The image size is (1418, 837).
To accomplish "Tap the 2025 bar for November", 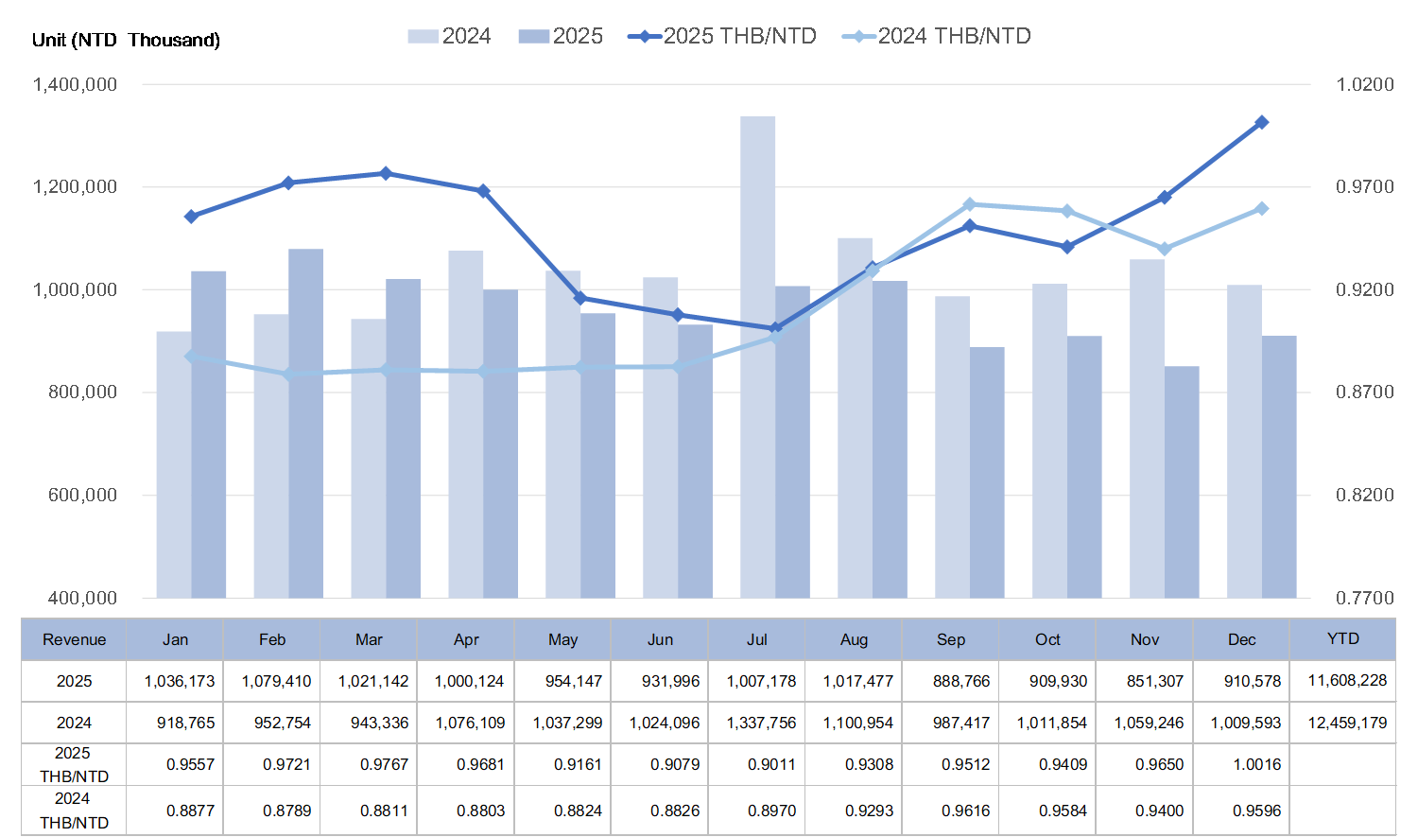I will coord(1182,481).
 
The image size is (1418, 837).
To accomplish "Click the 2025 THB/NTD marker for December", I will coord(1261,123).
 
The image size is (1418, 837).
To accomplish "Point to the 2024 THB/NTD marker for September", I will coord(970,204).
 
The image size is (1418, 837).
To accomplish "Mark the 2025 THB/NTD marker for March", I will coord(386,173).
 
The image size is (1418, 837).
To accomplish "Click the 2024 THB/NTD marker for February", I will coord(288,375).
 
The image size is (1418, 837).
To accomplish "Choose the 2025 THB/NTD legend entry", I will coord(723,37).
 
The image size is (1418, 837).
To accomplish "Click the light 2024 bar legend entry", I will coord(450,37).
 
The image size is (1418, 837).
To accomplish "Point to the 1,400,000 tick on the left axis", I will coord(76,85).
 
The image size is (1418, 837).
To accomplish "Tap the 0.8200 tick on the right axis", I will coord(1364,496).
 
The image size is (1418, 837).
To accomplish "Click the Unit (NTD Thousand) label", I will coord(126,40).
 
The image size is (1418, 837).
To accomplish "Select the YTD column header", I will coord(1342,639).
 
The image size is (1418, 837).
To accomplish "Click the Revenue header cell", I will coord(75,640).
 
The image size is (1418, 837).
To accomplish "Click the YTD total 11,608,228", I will coord(1347,681).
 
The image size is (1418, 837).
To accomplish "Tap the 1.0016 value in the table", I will coord(1256,764).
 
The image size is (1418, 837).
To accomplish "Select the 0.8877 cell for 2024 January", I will coord(190,811).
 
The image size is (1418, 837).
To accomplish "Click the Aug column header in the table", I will coord(854,640).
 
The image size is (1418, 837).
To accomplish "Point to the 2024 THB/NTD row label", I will coord(74,811).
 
